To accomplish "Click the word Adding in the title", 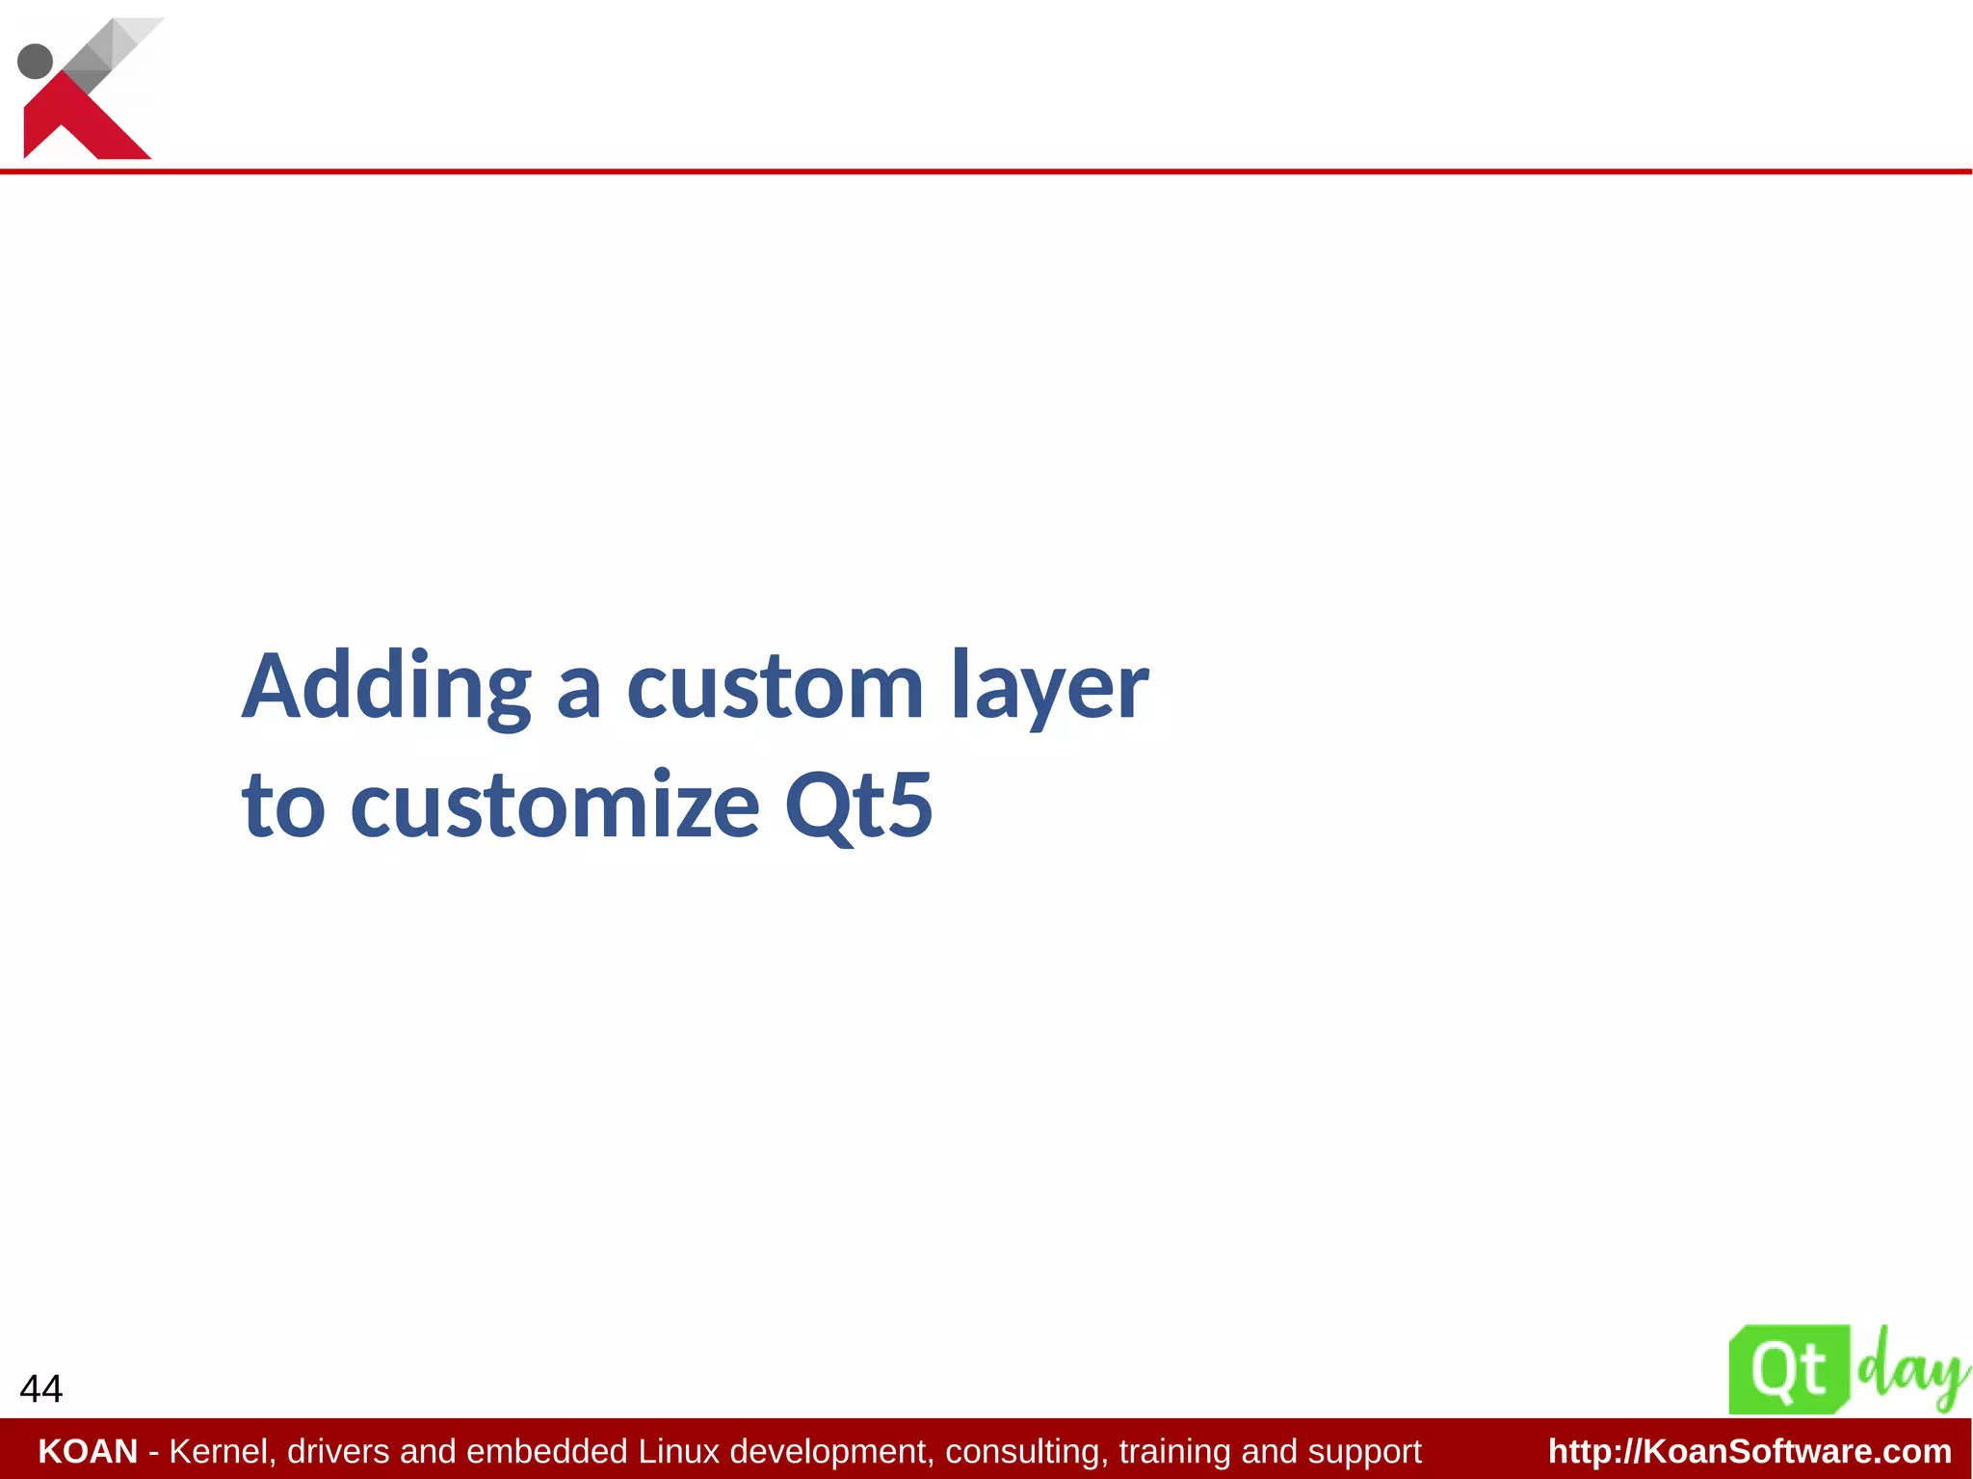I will coord(385,688).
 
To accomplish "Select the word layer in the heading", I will coord(1049,688).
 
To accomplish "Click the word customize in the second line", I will coord(555,806).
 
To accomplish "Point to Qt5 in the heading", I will coord(858,806).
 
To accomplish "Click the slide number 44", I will coord(40,1388).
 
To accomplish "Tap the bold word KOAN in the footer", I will coord(88,1451).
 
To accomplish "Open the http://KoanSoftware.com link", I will coord(1749,1451).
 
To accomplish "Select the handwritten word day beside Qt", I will coord(1911,1368).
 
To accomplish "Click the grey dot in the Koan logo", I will coord(36,61).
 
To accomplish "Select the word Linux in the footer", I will coord(679,1451).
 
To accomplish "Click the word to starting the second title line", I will coord(282,806).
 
